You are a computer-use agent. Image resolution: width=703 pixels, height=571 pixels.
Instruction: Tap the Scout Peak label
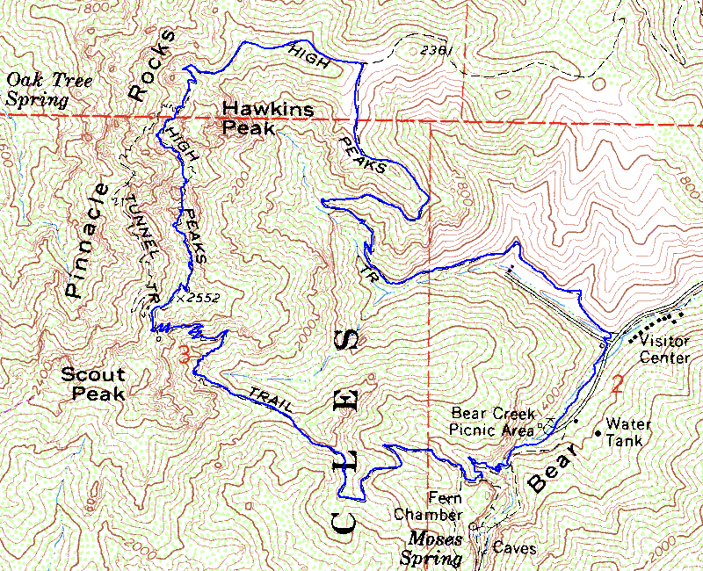click(x=92, y=383)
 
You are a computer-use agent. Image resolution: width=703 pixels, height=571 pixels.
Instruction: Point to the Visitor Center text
click(x=665, y=350)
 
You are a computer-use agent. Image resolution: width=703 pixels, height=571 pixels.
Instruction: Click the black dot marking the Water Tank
click(x=598, y=432)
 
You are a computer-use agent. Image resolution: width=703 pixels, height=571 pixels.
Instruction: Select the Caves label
click(x=514, y=548)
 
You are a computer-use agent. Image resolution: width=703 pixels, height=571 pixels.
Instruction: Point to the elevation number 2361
click(x=437, y=51)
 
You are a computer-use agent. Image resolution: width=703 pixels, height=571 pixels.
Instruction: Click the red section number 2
click(x=617, y=384)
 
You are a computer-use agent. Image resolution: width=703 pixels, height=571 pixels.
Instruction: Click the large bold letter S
click(x=347, y=340)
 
